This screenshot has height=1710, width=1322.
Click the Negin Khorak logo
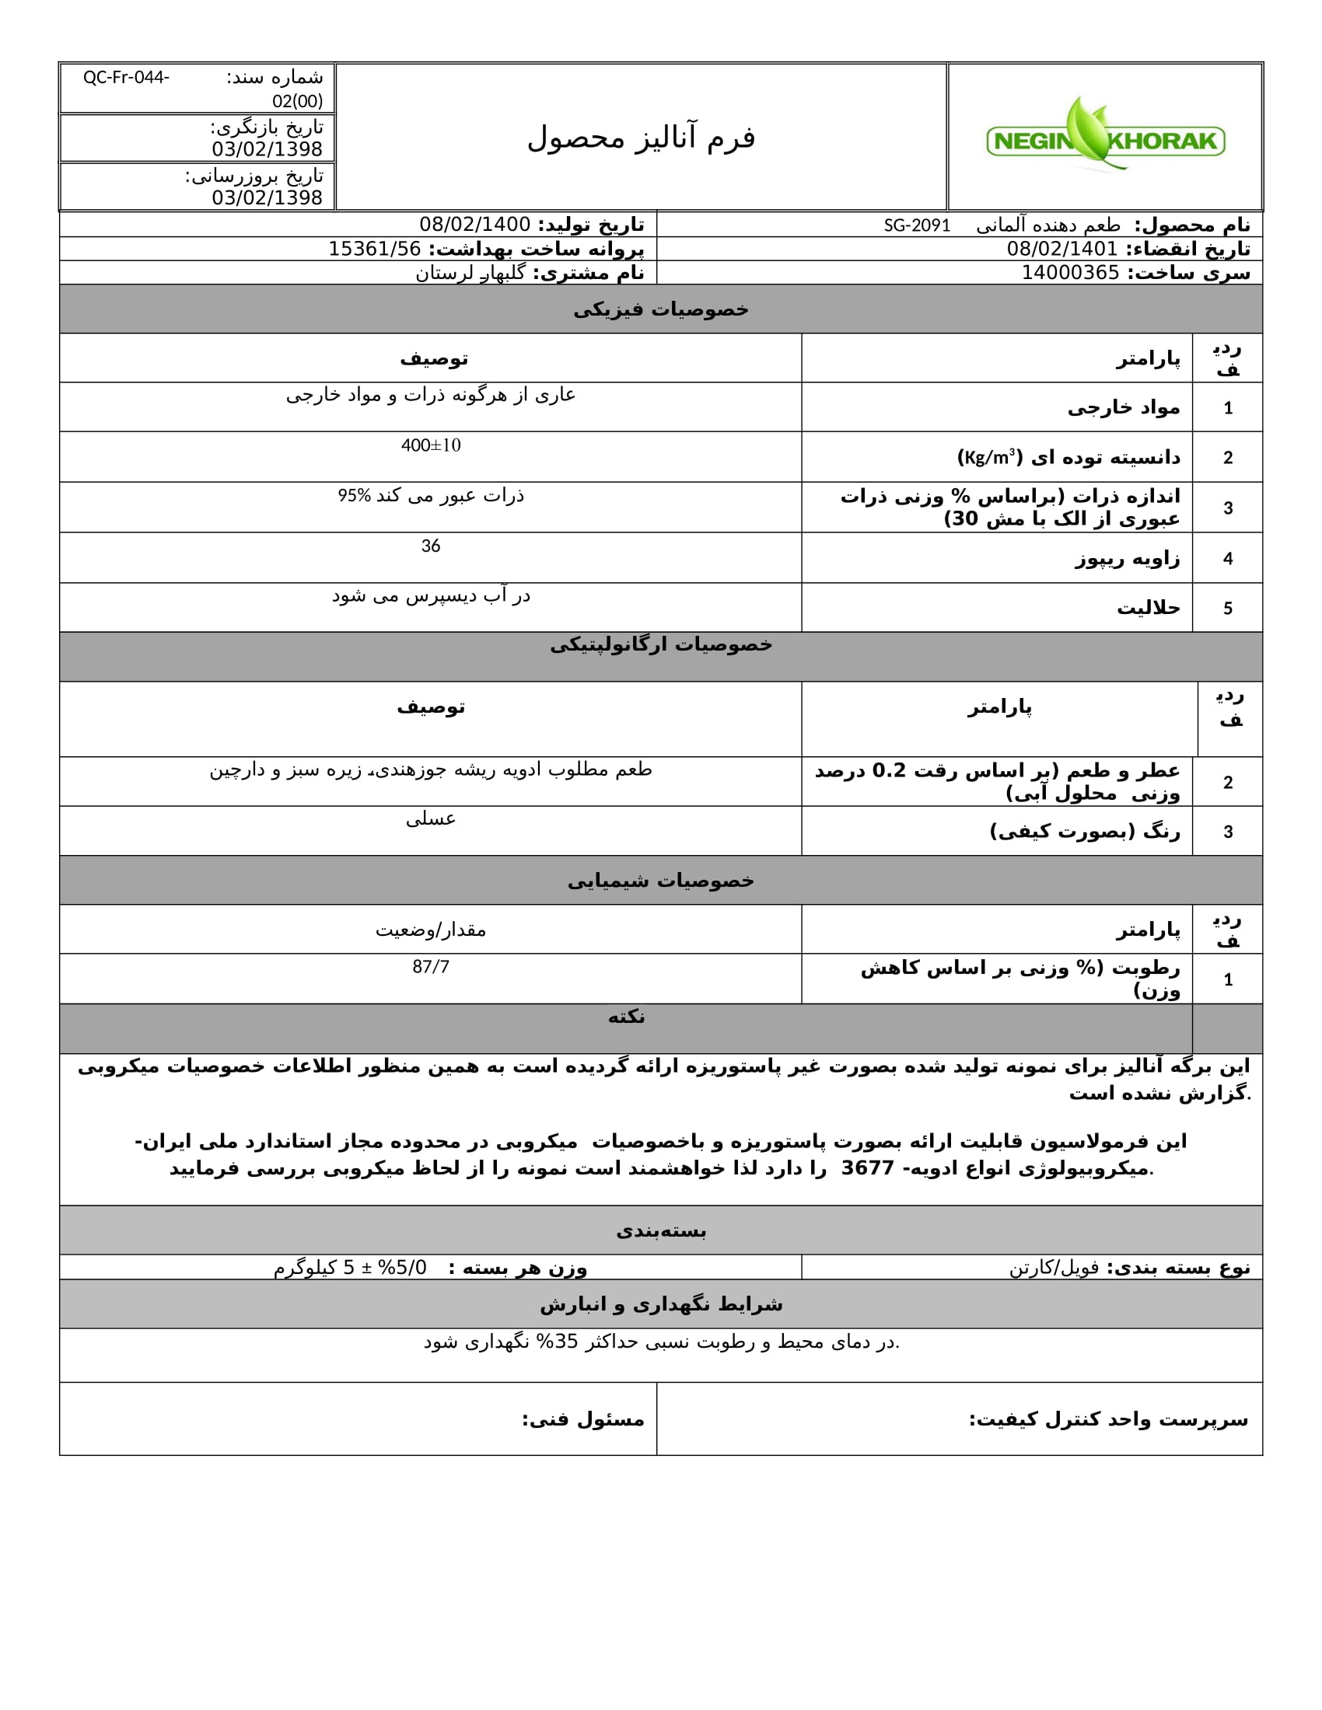click(1105, 138)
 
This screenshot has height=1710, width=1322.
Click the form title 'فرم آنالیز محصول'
click(641, 138)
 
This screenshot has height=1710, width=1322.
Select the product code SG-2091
click(917, 225)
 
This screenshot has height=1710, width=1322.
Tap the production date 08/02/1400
click(474, 225)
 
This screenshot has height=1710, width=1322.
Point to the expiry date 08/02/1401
click(1062, 249)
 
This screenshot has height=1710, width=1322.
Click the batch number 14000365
click(1070, 273)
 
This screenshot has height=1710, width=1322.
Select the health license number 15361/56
click(374, 249)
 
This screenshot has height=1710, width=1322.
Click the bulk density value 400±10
click(431, 445)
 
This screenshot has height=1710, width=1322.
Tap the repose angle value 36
click(431, 546)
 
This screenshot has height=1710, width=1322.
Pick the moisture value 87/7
click(431, 967)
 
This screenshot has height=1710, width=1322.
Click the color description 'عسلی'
click(431, 819)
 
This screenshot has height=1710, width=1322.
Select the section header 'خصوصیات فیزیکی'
click(660, 309)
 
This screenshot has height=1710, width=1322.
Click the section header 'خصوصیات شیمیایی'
click(660, 881)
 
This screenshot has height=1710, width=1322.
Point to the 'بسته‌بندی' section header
click(660, 1231)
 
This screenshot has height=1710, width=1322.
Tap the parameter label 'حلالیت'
click(1148, 608)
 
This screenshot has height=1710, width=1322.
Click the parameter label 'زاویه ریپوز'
click(1127, 558)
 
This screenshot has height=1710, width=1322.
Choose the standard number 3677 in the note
click(867, 1168)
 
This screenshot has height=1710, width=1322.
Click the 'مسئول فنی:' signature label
click(582, 1419)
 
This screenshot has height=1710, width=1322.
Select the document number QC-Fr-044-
click(126, 78)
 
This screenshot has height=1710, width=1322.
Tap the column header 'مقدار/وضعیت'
click(431, 930)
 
